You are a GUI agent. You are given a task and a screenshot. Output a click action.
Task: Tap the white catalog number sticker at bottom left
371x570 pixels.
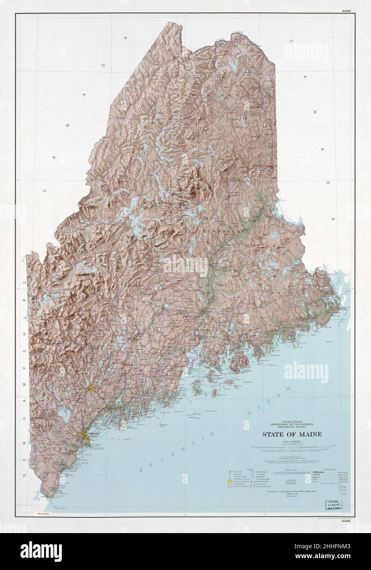(x=45, y=513)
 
